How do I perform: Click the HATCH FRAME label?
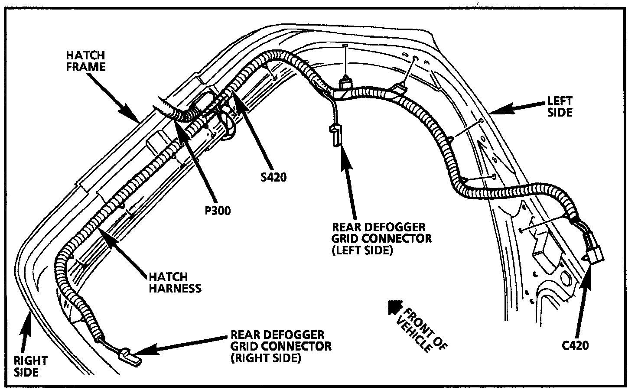[x=85, y=61]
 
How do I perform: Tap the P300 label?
[x=217, y=211]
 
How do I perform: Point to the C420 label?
[x=575, y=345]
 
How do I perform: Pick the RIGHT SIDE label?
[x=30, y=366]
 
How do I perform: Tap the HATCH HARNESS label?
[x=175, y=282]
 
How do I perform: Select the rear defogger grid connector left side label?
[x=381, y=239]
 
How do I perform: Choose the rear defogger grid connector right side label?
[x=281, y=346]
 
